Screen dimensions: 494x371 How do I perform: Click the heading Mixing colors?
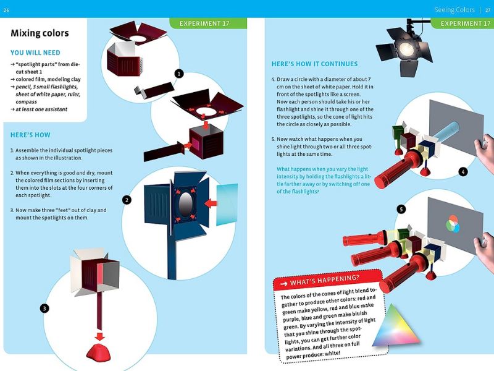(x=40, y=33)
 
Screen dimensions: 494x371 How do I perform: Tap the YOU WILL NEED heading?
(x=35, y=53)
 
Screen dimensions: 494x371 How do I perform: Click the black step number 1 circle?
(x=179, y=74)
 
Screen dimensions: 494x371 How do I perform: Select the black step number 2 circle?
(x=127, y=200)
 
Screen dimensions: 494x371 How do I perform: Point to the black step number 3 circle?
(x=44, y=308)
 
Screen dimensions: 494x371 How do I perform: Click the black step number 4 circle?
(x=463, y=172)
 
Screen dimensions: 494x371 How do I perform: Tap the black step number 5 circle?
(x=401, y=209)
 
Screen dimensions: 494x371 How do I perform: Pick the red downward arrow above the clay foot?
(x=100, y=336)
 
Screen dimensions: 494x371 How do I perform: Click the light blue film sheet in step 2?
(x=227, y=205)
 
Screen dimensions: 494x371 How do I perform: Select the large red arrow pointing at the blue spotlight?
(x=211, y=203)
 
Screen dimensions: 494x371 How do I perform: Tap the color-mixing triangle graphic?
(x=397, y=325)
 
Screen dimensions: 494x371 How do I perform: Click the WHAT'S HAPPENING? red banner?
(x=327, y=279)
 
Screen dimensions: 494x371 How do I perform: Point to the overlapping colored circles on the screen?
(x=453, y=224)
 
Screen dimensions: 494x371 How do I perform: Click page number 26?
(x=6, y=10)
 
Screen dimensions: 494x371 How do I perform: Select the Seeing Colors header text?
(x=454, y=10)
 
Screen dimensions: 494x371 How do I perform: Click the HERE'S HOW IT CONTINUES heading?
(x=314, y=64)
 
